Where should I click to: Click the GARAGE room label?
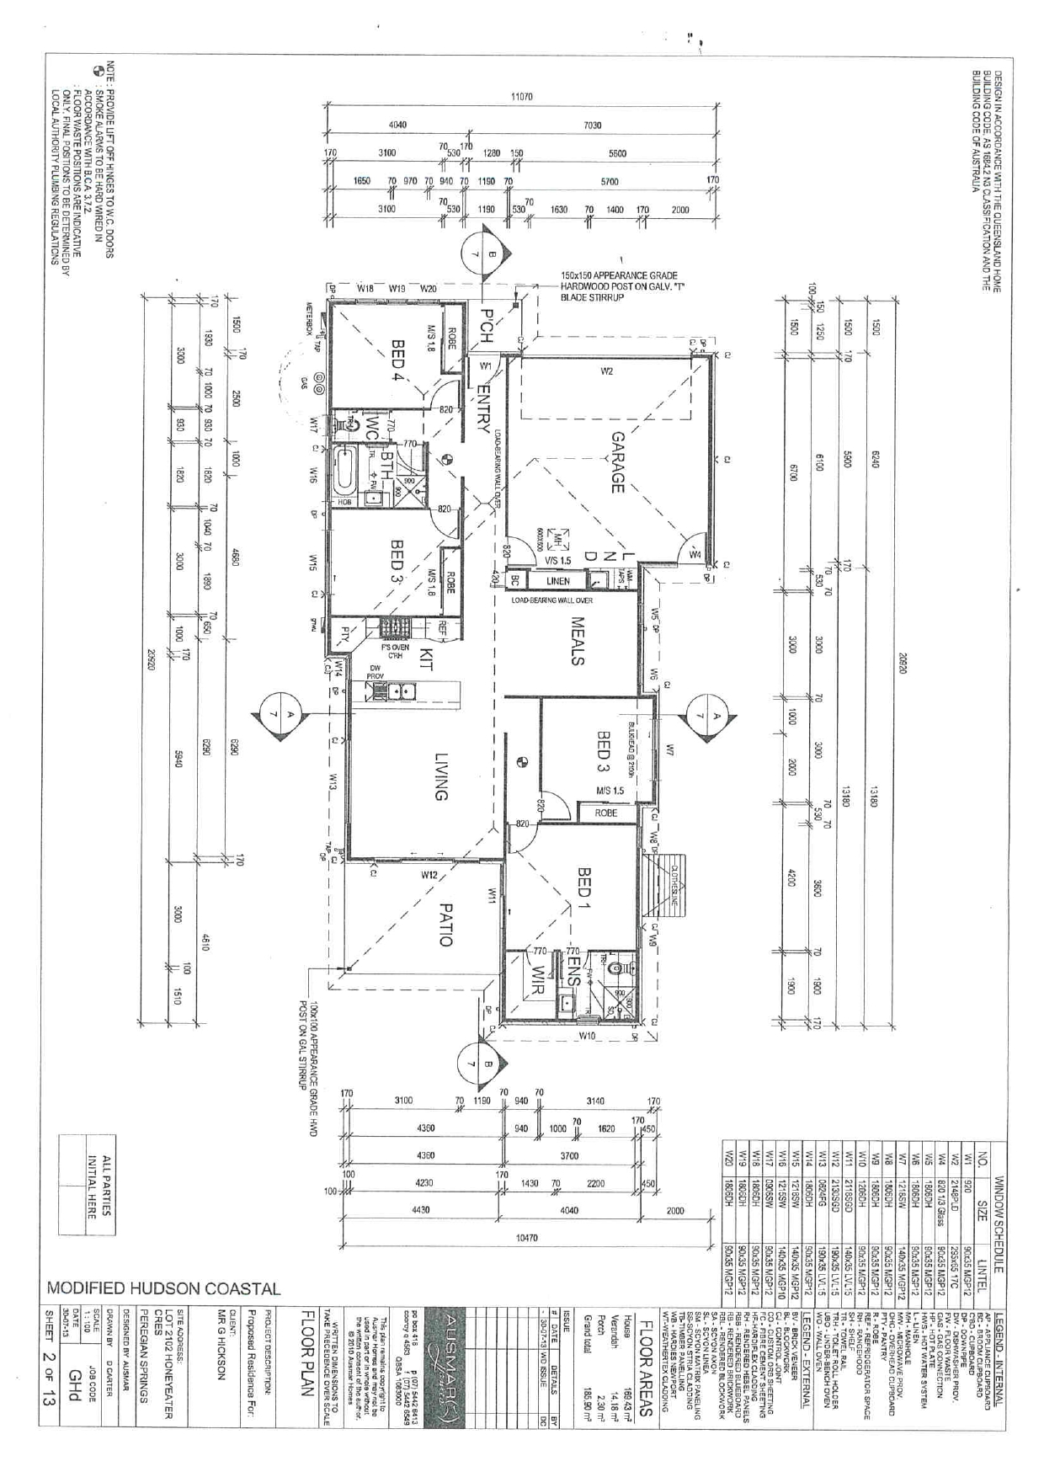point(617,462)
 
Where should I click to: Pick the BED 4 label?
point(398,360)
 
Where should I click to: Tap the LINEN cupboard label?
point(557,581)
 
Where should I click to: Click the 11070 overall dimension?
point(522,97)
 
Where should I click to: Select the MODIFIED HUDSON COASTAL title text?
point(163,1289)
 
